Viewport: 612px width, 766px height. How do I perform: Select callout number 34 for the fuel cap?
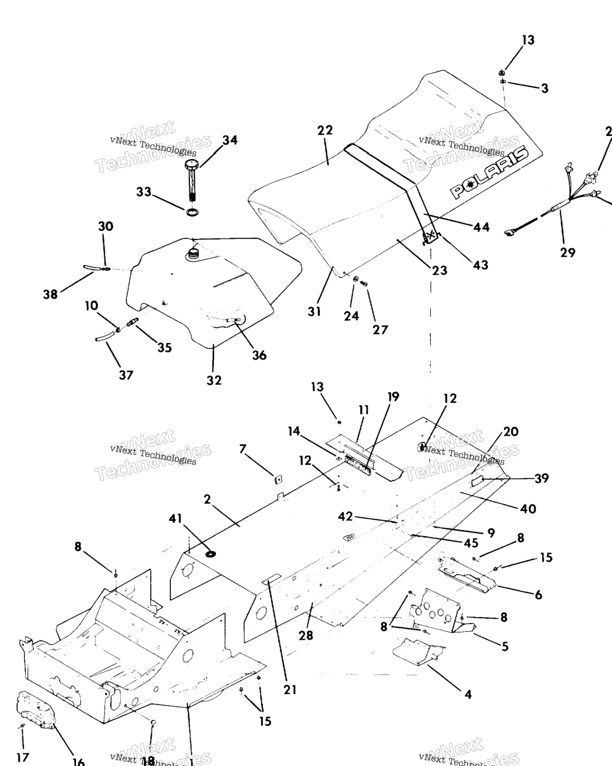tap(229, 140)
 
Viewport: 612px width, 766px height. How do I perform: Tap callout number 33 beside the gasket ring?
tap(143, 192)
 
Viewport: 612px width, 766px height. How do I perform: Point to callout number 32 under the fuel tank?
tap(214, 380)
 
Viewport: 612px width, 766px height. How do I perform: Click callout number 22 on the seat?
tap(325, 130)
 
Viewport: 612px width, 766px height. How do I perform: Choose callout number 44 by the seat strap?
tap(481, 227)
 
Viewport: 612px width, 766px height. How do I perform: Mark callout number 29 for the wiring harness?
tap(568, 252)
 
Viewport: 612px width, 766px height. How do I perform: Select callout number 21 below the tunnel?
tap(290, 689)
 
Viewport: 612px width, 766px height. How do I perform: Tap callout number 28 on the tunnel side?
tap(306, 635)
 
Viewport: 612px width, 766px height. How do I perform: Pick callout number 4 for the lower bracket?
tap(468, 694)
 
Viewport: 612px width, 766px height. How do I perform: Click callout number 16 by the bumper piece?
tap(78, 762)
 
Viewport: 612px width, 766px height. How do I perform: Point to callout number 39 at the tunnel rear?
tap(541, 478)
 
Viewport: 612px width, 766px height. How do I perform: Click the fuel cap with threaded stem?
tap(192, 180)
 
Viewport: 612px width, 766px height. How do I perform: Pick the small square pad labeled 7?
tap(278, 478)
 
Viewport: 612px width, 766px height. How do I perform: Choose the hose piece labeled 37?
tap(104, 337)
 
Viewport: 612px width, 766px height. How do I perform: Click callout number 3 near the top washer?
tap(544, 89)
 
